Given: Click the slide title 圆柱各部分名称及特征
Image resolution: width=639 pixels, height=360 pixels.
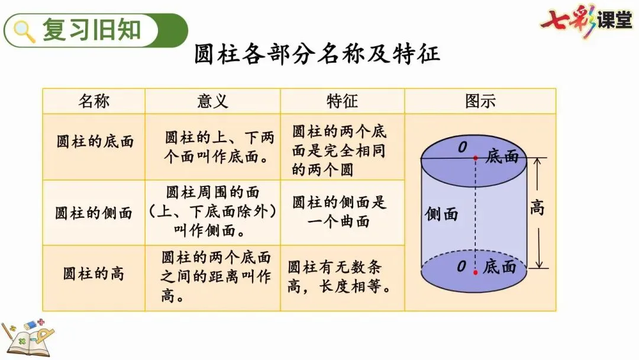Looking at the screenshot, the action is (x=317, y=54).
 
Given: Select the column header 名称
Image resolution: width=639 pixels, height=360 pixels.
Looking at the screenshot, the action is (x=93, y=101).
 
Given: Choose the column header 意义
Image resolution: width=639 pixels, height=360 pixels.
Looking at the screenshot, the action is (x=212, y=101).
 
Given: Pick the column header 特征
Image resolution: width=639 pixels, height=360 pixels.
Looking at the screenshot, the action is (x=342, y=101).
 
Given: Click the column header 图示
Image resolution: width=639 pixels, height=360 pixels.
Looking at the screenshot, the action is (x=480, y=101).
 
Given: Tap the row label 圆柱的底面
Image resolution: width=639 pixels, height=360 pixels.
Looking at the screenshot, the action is (x=95, y=142).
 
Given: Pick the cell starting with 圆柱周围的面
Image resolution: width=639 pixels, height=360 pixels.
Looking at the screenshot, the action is (x=212, y=212).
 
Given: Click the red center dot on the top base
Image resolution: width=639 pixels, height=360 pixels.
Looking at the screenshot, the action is (x=475, y=158).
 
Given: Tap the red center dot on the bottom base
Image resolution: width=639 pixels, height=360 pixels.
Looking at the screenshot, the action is (x=475, y=272).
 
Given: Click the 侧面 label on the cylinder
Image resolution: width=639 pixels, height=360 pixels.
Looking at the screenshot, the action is (x=441, y=214).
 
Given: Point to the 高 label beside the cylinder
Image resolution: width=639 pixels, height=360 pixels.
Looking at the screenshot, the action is (x=537, y=208).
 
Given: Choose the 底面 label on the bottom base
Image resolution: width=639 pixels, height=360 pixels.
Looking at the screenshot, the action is (x=500, y=267).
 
